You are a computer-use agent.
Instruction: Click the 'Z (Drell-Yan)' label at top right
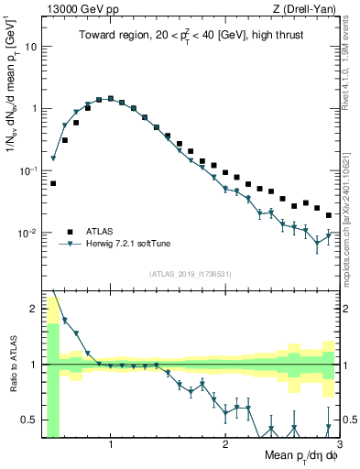307,9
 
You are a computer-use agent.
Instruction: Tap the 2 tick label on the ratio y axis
33,309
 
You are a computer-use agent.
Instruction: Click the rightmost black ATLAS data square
329,215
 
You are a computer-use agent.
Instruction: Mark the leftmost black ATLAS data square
53,183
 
